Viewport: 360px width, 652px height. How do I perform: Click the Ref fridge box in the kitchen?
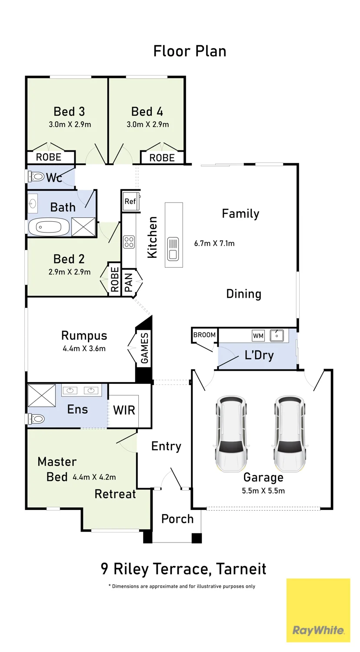pyautogui.click(x=130, y=201)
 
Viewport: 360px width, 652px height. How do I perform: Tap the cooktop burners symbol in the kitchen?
pyautogui.click(x=129, y=242)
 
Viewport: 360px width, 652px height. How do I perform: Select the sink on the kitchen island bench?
pyautogui.click(x=173, y=249)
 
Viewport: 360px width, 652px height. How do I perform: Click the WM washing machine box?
pyautogui.click(x=258, y=336)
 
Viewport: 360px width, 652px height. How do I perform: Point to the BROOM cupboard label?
pyautogui.click(x=204, y=335)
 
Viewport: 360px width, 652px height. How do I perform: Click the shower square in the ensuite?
pyautogui.click(x=42, y=395)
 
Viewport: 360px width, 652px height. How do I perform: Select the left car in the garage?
pyautogui.click(x=231, y=433)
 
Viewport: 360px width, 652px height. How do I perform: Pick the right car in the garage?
pyautogui.click(x=289, y=433)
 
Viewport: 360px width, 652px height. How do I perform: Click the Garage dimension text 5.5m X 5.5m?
pyautogui.click(x=263, y=490)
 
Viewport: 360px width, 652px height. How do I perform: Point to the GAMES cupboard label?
pyautogui.click(x=144, y=348)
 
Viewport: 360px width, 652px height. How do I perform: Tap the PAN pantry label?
pyautogui.click(x=128, y=283)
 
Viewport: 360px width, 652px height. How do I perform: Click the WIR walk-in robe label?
pyautogui.click(x=124, y=410)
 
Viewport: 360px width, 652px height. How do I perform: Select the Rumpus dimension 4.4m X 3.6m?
pyautogui.click(x=84, y=349)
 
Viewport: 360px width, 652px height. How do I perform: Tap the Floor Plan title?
pyautogui.click(x=190, y=51)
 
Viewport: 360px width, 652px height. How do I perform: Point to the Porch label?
pyautogui.click(x=177, y=519)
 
